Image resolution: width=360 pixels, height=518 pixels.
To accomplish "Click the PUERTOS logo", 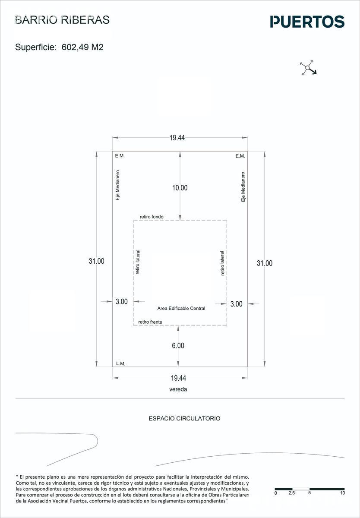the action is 307,22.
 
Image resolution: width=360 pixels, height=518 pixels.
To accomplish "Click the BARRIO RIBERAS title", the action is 62,20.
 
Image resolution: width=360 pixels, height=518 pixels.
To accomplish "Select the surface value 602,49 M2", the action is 82,47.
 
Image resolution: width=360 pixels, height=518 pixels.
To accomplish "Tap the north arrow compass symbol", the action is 308,68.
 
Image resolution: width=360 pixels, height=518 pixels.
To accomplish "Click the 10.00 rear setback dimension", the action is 180,188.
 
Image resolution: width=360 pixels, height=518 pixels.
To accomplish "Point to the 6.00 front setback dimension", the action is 178,346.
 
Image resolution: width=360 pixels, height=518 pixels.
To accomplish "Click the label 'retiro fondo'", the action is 152,217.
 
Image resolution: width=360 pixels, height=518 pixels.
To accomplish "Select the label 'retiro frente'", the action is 150,322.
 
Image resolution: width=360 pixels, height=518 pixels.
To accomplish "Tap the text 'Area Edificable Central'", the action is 181,308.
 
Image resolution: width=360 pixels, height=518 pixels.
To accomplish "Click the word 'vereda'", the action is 178,389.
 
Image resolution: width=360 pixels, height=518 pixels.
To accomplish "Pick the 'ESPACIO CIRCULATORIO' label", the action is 184,418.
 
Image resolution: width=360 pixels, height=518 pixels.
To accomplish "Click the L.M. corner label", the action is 120,364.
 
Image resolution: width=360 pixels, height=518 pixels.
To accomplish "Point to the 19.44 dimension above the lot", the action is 177,138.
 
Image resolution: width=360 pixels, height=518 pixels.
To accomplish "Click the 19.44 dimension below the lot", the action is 179,378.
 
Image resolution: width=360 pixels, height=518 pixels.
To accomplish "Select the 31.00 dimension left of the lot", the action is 96,261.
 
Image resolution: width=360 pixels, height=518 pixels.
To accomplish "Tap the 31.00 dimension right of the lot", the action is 265,263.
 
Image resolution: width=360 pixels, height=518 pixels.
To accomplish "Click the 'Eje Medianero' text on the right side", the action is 243,186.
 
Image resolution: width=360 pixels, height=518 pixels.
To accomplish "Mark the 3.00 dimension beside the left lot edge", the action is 122,302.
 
